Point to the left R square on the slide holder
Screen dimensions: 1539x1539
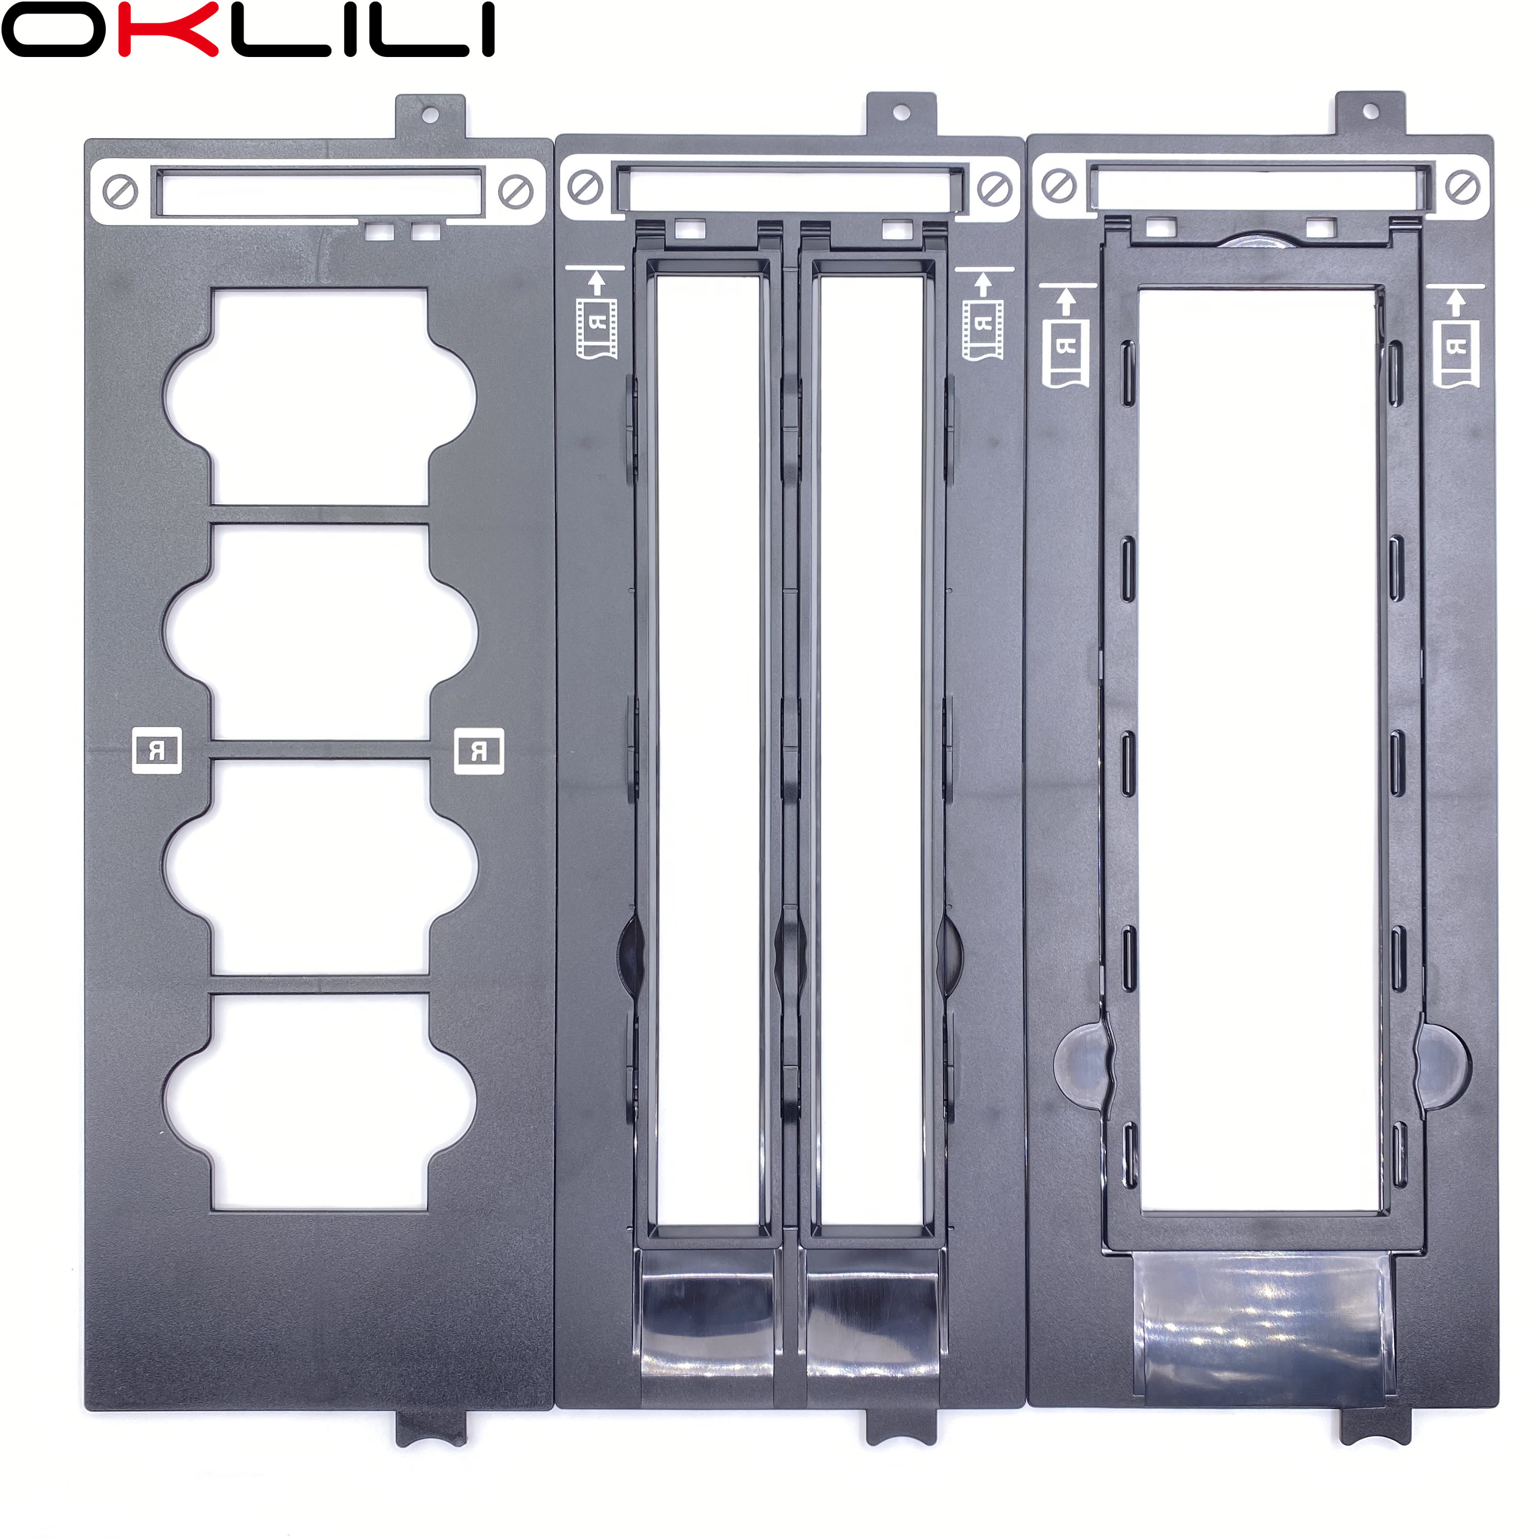pos(156,750)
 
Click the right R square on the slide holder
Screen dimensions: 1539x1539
pos(479,750)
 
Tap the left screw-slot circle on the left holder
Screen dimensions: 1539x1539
pos(120,192)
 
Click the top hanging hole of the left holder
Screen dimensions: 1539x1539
pos(430,116)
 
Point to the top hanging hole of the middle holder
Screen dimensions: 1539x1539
pos(901,112)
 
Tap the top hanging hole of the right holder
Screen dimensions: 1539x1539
pos(1370,111)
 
